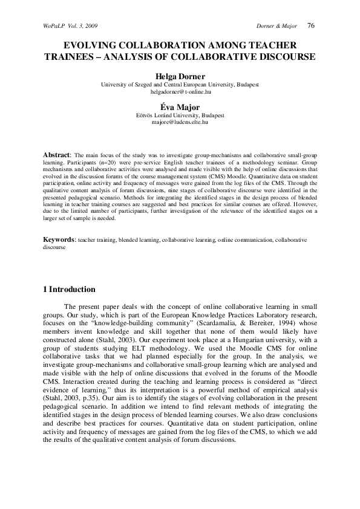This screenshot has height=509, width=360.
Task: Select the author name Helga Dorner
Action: click(x=180, y=76)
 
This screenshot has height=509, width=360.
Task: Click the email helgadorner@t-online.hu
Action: click(x=180, y=92)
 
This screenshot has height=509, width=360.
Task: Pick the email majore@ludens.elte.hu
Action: click(x=180, y=122)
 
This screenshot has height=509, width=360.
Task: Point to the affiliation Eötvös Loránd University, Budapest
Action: click(x=180, y=114)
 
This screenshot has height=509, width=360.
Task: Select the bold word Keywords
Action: click(x=59, y=239)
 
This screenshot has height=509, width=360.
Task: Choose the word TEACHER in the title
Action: click(x=272, y=46)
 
